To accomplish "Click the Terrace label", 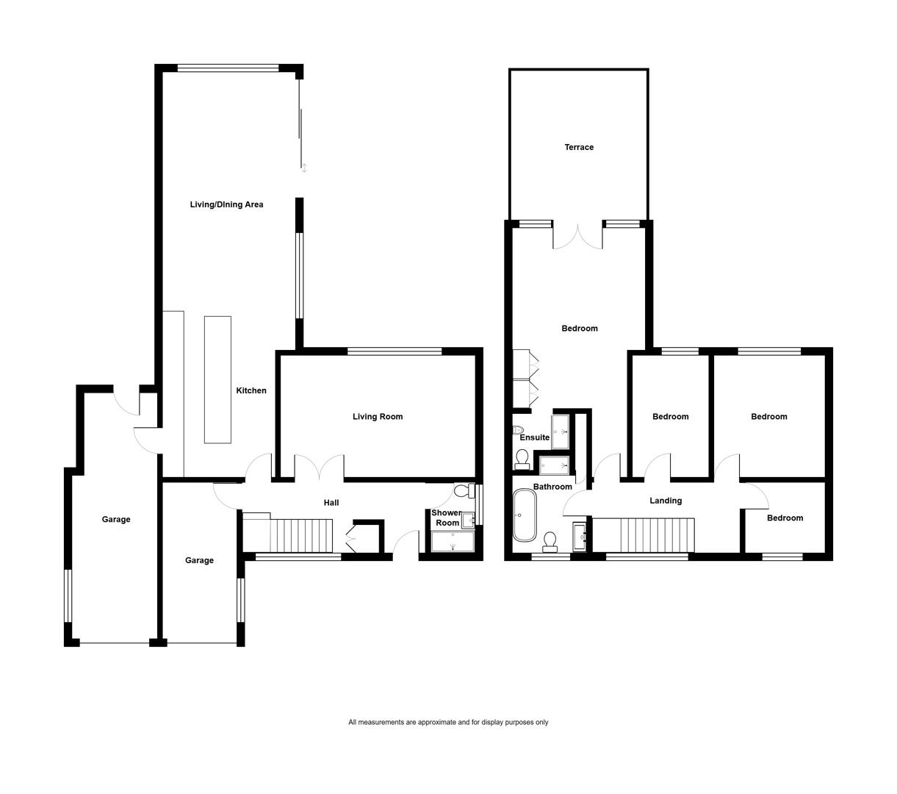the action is pyautogui.click(x=579, y=147).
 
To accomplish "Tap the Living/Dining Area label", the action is pyautogui.click(x=226, y=204).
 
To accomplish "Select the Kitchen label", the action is pyautogui.click(x=251, y=390).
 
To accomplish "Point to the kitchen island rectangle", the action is pyautogui.click(x=217, y=379).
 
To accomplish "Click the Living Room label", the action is pyautogui.click(x=378, y=417).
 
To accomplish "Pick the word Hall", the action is pyautogui.click(x=331, y=502).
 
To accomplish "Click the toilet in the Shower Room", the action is pyautogui.click(x=464, y=490).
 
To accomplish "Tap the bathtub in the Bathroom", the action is pyautogui.click(x=525, y=515).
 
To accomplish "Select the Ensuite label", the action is pyautogui.click(x=534, y=437).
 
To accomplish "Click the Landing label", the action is pyautogui.click(x=666, y=501).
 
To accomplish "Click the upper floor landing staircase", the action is pyautogui.click(x=644, y=534).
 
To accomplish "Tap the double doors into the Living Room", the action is pyautogui.click(x=320, y=467).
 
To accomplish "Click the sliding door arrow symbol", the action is pyautogui.click(x=303, y=168).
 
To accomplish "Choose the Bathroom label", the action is pyautogui.click(x=552, y=487).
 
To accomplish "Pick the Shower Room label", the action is pyautogui.click(x=447, y=518).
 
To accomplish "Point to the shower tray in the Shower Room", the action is pyautogui.click(x=453, y=541).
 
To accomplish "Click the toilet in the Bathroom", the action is pyautogui.click(x=550, y=543).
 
